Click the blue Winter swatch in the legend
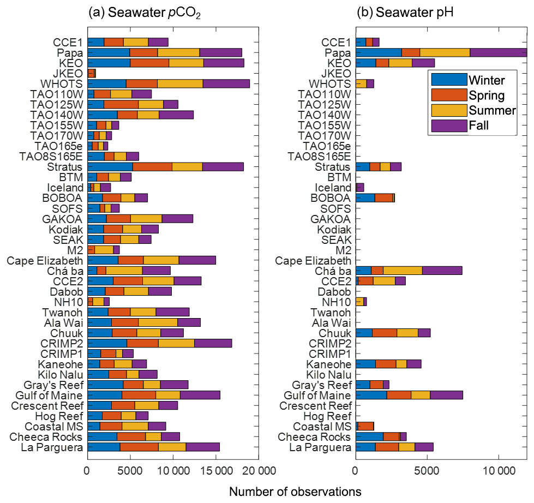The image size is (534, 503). tap(449, 80)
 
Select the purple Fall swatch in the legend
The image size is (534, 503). tap(449, 125)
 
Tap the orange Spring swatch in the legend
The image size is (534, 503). tap(449, 95)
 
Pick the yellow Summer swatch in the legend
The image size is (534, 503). tap(449, 110)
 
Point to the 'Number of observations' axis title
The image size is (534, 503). tap(295, 491)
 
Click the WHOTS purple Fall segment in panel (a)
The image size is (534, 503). tap(226, 83)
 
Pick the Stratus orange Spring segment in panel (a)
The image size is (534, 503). tap(152, 167)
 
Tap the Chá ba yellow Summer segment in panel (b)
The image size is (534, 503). tap(403, 271)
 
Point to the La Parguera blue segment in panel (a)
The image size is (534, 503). tap(104, 447)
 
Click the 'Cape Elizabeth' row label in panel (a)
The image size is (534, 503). tap(45, 260)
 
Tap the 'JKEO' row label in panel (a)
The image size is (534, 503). tap(68, 73)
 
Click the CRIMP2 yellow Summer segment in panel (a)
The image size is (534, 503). tap(176, 343)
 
